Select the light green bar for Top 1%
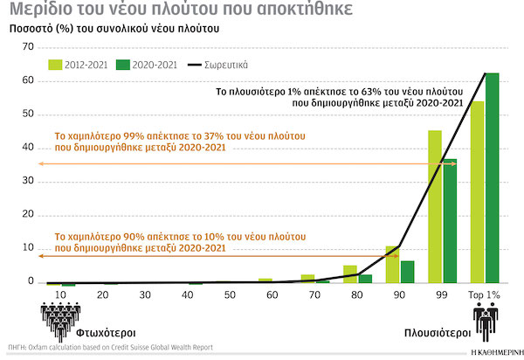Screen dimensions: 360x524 (x=478, y=192)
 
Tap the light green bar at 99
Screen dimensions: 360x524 (x=434, y=206)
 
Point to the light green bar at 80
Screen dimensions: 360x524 (x=350, y=273)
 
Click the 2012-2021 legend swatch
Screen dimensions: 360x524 (x=54, y=64)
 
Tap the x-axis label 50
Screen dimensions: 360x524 (x=229, y=294)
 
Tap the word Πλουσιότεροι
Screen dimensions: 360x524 (x=439, y=333)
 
